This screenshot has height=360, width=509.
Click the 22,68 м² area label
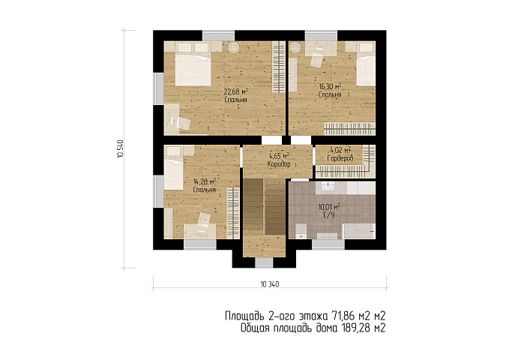pyautogui.click(x=236, y=91)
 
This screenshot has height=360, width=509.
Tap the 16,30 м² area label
pyautogui.click(x=330, y=87)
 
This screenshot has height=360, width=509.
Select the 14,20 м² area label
pyautogui.click(x=205, y=181)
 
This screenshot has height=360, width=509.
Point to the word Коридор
pyautogui.click(x=279, y=164)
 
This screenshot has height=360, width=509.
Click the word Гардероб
pyautogui.click(x=340, y=158)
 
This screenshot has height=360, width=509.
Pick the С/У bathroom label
pyautogui.click(x=329, y=215)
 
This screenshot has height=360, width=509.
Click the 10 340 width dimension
pyautogui.click(x=269, y=284)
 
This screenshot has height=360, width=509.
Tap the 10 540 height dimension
pyautogui.click(x=120, y=148)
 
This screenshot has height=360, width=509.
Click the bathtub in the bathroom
pyautogui.click(x=359, y=231)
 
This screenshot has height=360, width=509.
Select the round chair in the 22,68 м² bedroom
pyautogui.click(x=234, y=48)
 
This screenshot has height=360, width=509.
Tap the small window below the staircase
pyautogui.click(x=264, y=262)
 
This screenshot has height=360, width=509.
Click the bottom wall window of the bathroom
pyautogui.click(x=328, y=244)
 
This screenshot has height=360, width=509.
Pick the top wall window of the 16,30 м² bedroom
pyautogui.click(x=321, y=35)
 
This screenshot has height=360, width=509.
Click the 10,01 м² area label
pyautogui.click(x=329, y=207)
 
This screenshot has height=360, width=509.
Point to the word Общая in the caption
pyautogui.click(x=255, y=328)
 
